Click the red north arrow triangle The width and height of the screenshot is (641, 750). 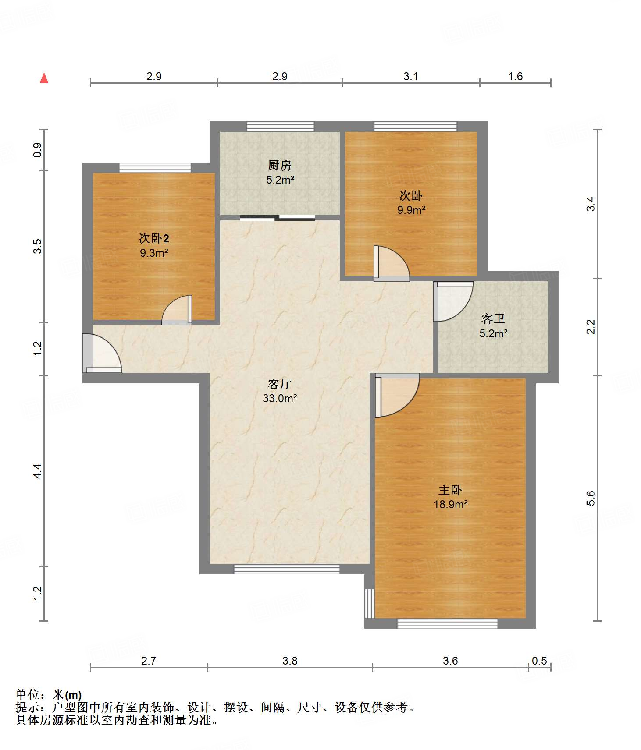(44, 78)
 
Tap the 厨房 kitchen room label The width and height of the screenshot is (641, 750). (280, 165)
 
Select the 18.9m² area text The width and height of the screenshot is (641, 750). (451, 504)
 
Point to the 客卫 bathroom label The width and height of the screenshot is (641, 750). (493, 318)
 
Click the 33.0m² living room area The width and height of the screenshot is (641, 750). (280, 398)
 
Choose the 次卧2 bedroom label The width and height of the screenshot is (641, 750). (154, 238)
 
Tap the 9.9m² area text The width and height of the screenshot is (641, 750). (411, 210)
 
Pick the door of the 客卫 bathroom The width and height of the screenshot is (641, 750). (453, 301)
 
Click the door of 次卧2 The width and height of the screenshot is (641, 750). (177, 310)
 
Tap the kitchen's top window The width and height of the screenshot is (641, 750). (281, 127)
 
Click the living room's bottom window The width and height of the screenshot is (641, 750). (287, 569)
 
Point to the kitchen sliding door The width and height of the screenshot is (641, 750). (277, 218)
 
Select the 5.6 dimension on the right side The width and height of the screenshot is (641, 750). (591, 498)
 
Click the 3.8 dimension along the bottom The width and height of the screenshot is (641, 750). (290, 661)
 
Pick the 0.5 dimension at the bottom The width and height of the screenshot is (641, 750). (539, 661)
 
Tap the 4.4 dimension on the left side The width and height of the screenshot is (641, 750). (37, 471)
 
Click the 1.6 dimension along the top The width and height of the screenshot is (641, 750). (515, 76)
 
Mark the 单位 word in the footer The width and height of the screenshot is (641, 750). (28, 695)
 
